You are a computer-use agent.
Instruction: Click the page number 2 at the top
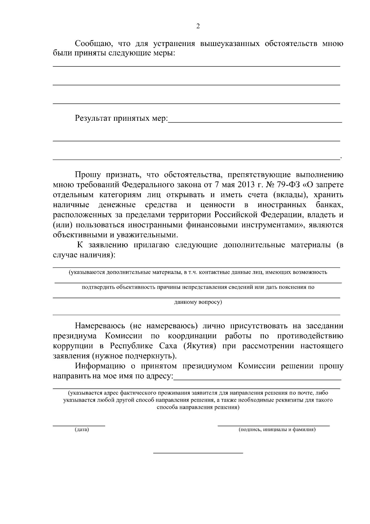[x=198, y=26]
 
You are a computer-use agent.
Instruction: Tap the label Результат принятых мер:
[x=121, y=118]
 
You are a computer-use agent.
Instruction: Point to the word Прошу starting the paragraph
[x=88, y=175]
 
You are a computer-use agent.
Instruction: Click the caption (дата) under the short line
[x=81, y=430]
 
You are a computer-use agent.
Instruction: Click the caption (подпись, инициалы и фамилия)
[x=277, y=430]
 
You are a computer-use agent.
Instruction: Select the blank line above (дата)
[x=79, y=426]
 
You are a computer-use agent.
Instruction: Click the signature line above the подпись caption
[x=273, y=426]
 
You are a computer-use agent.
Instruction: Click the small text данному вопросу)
[x=198, y=302]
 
